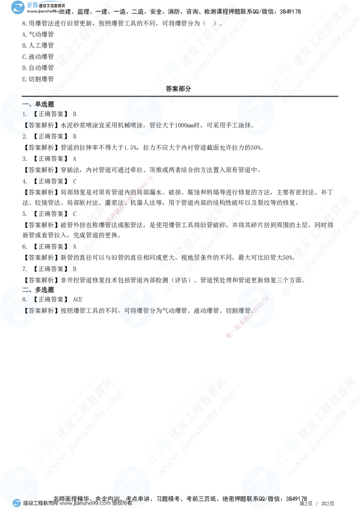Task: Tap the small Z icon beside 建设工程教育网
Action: point(17,503)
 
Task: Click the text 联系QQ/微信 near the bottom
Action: point(261,498)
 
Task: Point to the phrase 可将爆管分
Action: point(139,310)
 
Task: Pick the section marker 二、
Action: point(27,289)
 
